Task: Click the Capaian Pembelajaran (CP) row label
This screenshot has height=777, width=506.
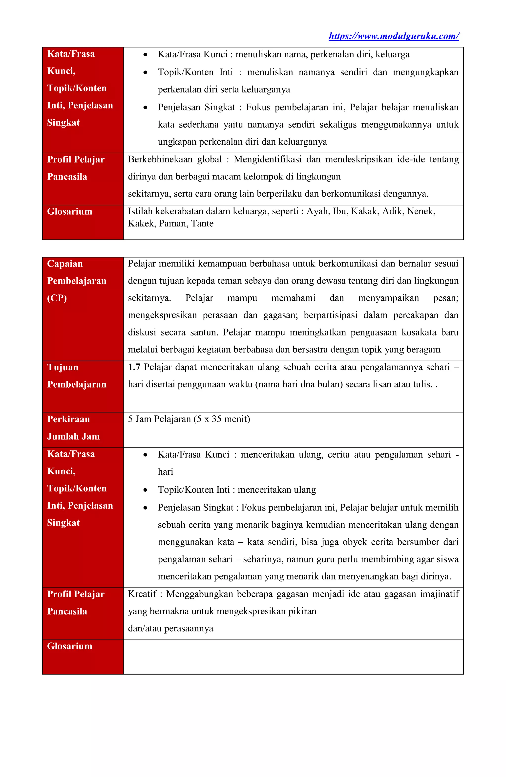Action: (77, 281)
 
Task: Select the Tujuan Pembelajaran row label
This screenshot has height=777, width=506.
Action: (77, 376)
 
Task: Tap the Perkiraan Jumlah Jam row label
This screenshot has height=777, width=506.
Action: (73, 428)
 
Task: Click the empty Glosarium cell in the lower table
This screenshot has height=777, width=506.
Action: (293, 657)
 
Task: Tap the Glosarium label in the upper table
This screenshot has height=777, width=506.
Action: (69, 212)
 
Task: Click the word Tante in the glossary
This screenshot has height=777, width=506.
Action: (202, 224)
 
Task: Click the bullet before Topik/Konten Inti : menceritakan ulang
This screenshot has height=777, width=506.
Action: (145, 490)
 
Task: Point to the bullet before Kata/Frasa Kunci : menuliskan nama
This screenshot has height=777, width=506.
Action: (145, 55)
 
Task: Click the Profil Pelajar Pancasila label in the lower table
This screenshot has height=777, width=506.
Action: (76, 603)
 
